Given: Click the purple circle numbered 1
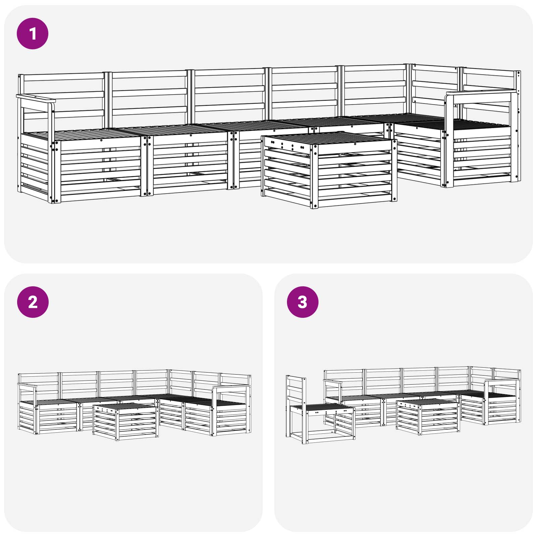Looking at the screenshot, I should pyautogui.click(x=33, y=34).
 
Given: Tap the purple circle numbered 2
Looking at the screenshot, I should pyautogui.click(x=33, y=302).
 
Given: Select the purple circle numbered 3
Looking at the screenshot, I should pyautogui.click(x=302, y=302).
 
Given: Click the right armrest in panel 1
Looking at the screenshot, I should pyautogui.click(x=480, y=92).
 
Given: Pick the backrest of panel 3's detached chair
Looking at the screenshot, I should pyautogui.click(x=296, y=389).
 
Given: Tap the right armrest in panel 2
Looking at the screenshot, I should pyautogui.click(x=232, y=388).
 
